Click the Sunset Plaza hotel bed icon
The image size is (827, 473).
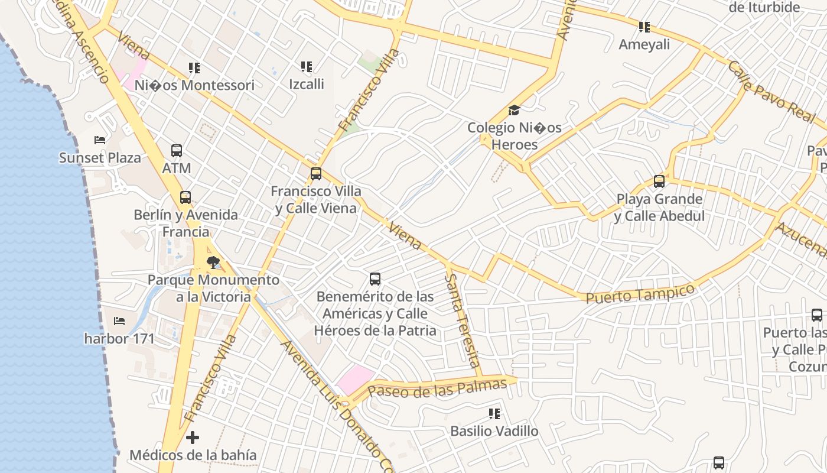pos(100,140)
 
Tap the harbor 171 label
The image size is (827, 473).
pos(119,339)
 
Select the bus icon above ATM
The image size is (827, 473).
pos(177,150)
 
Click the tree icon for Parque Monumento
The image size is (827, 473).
pos(213,262)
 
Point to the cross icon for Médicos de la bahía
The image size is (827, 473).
pos(193,438)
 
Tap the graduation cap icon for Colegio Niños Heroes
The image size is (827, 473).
pos(514,111)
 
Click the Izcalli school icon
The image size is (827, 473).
pos(306,67)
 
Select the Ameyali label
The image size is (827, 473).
pos(644,45)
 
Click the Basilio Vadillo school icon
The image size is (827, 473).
pos(494,414)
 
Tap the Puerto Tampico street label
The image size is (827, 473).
pos(640,293)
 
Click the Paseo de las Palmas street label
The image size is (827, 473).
pos(437,388)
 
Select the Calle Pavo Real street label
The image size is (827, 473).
pos(771,92)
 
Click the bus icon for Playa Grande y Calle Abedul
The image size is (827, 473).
pos(659,182)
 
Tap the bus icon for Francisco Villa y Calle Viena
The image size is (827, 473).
pos(316,174)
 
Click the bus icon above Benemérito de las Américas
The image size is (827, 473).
pos(375,278)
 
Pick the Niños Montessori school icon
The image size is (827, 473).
pos(194,68)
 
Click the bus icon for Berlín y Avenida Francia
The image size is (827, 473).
pos(185,197)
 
